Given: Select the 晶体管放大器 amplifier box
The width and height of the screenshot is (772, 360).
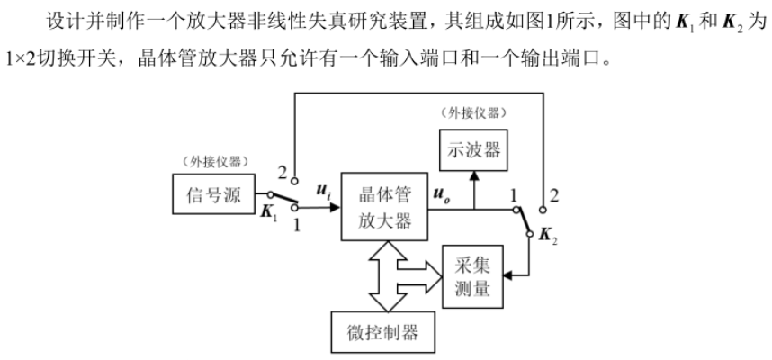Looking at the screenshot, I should coord(384,208).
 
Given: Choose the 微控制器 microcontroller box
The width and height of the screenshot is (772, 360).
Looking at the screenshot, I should coord(384,332).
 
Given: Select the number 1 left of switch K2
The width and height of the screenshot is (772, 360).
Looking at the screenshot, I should coord(513,193).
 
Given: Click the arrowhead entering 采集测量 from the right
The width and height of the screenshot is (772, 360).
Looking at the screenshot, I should coord(509,274).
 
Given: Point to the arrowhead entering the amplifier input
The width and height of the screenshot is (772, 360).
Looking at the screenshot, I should coord(335,208).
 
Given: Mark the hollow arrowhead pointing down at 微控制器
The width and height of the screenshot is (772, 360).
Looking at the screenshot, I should coord(384,301).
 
